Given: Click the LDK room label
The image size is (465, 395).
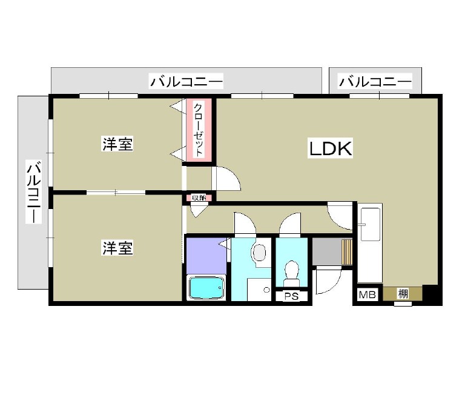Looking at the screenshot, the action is pyautogui.click(x=331, y=148).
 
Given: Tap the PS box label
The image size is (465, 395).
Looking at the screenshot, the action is pyautogui.click(x=291, y=296).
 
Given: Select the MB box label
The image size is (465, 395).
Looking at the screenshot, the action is pyautogui.click(x=367, y=294).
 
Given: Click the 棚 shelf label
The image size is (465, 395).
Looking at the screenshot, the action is pyautogui.click(x=403, y=294).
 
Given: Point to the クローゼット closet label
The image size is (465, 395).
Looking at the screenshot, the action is pyautogui.click(x=199, y=130).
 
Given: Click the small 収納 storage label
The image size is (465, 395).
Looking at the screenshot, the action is pyautogui.click(x=199, y=198).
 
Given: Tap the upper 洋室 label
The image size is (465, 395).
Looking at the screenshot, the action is pyautogui.click(x=117, y=144).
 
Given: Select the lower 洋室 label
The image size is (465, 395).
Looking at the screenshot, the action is pyautogui.click(x=117, y=248).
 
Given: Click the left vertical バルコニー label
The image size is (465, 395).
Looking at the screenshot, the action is pyautogui.click(x=33, y=191).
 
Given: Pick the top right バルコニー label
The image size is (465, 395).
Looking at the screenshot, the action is pyautogui.click(x=375, y=81).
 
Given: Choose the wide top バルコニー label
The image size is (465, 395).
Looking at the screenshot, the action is pyautogui.click(x=186, y=81).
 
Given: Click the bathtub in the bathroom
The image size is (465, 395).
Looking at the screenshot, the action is pyautogui.click(x=205, y=288).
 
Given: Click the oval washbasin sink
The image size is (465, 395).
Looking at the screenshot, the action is pyautogui.click(x=260, y=253).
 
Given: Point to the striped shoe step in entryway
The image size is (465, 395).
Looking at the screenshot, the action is pyautogui.click(x=347, y=251).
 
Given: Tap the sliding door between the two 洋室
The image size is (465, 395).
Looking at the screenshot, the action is pyautogui.click(x=116, y=192).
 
